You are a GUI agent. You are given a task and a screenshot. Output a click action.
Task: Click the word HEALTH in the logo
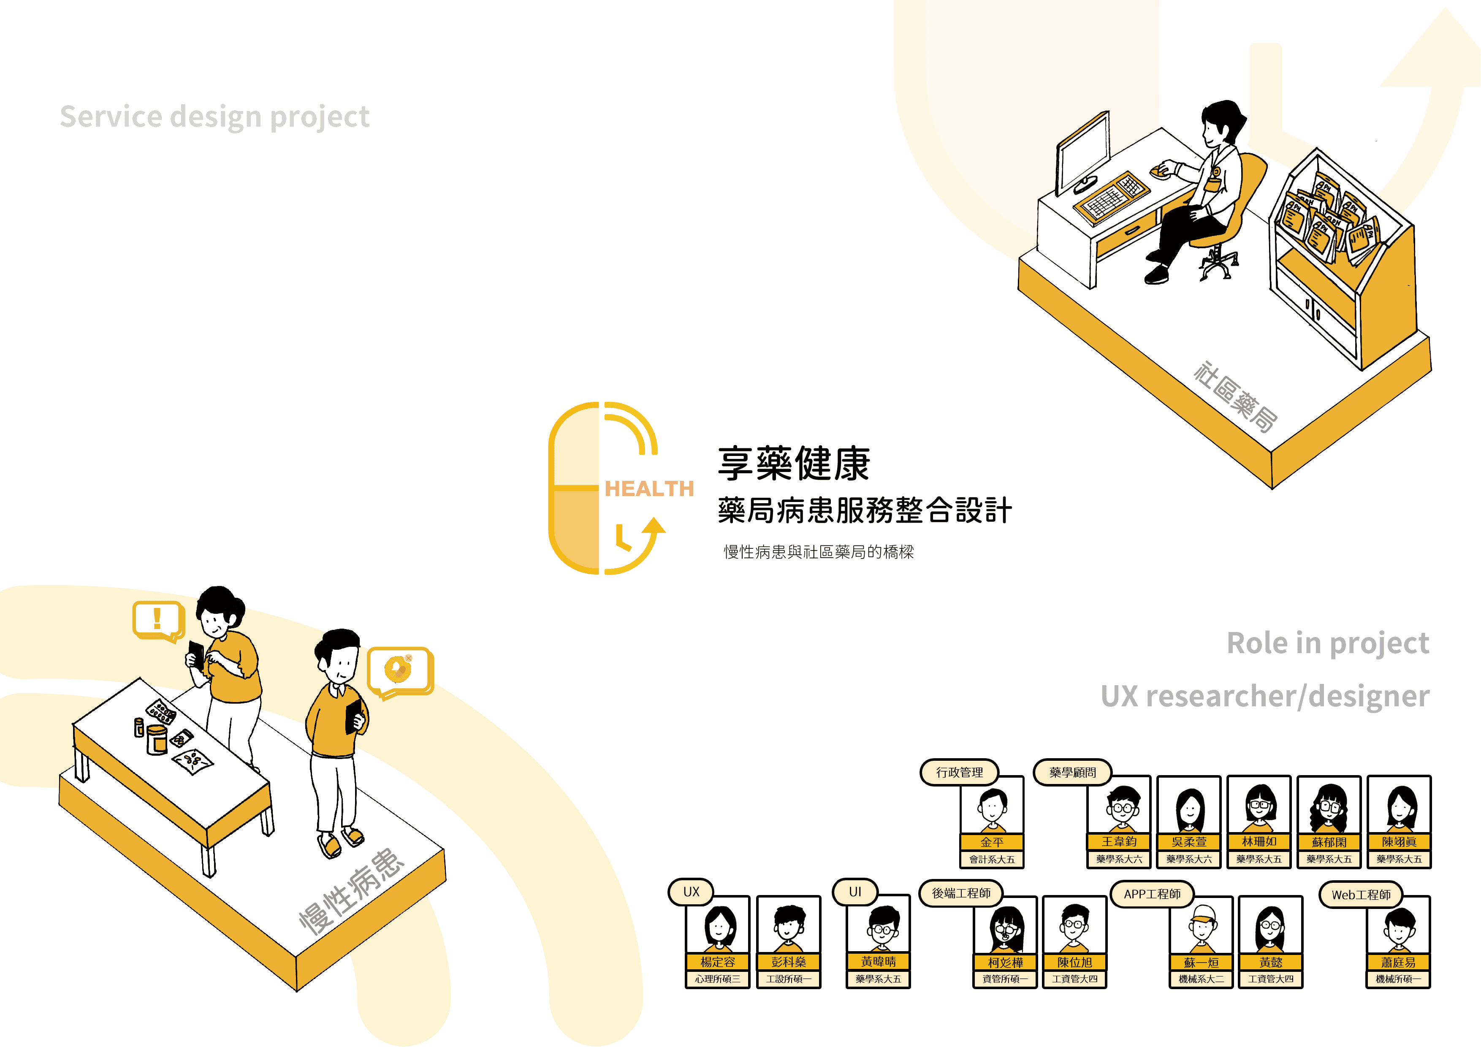click(x=649, y=488)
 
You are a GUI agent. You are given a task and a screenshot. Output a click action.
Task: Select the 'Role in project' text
click(x=1327, y=643)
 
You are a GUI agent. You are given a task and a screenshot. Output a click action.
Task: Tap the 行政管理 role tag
click(x=959, y=772)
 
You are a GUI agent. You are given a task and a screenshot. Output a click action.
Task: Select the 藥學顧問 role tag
click(x=1072, y=772)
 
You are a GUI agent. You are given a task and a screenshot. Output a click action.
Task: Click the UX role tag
click(x=691, y=892)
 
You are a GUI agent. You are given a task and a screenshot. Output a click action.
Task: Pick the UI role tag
click(x=854, y=892)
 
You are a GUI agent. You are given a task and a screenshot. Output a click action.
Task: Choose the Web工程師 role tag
click(x=1361, y=895)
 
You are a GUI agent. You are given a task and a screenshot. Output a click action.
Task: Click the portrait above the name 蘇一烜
click(x=1201, y=927)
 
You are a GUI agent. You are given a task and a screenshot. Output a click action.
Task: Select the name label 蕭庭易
click(x=1398, y=962)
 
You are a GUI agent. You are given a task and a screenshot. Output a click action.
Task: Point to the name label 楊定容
click(x=717, y=962)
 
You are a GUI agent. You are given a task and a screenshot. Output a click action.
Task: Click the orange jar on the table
click(x=157, y=739)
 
